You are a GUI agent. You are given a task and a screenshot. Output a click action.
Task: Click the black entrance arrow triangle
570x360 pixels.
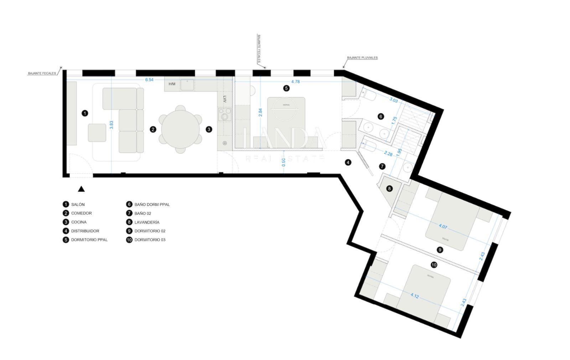click(81, 189)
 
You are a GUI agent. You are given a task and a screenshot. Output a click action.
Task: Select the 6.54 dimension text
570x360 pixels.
click(149, 80)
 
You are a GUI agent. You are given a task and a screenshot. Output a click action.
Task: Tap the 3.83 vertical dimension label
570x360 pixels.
click(112, 125)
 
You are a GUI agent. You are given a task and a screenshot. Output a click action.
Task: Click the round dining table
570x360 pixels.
click(181, 129)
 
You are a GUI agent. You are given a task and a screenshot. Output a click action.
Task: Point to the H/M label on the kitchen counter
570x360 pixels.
click(172, 84)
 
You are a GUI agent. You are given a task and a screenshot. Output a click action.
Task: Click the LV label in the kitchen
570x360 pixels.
click(225, 99)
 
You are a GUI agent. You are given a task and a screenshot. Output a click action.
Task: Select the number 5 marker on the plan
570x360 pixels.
click(286, 88)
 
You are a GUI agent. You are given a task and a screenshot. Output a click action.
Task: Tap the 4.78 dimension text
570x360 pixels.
click(295, 82)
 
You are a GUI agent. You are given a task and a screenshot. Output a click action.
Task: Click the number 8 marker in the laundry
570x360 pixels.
click(389, 189)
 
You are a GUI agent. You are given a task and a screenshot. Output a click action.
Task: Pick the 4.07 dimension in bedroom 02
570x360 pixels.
click(443, 226)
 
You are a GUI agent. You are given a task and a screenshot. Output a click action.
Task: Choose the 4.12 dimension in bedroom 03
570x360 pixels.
click(414, 295)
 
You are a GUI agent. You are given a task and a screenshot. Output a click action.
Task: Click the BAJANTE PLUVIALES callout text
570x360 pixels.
click(362, 58)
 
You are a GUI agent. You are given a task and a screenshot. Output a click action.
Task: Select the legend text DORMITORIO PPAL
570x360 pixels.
click(89, 240)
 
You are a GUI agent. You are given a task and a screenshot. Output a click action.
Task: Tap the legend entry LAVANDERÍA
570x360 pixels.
click(147, 222)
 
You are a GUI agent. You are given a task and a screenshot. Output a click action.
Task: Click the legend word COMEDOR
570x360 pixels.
click(81, 213)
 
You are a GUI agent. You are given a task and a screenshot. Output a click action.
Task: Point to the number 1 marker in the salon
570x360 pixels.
click(85, 113)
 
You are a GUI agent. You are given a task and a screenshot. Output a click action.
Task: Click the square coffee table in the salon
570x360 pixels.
click(97, 133)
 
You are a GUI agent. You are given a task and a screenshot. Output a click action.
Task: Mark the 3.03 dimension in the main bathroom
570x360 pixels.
click(393, 100)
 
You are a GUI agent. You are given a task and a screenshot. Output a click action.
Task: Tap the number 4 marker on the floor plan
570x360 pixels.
click(348, 163)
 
